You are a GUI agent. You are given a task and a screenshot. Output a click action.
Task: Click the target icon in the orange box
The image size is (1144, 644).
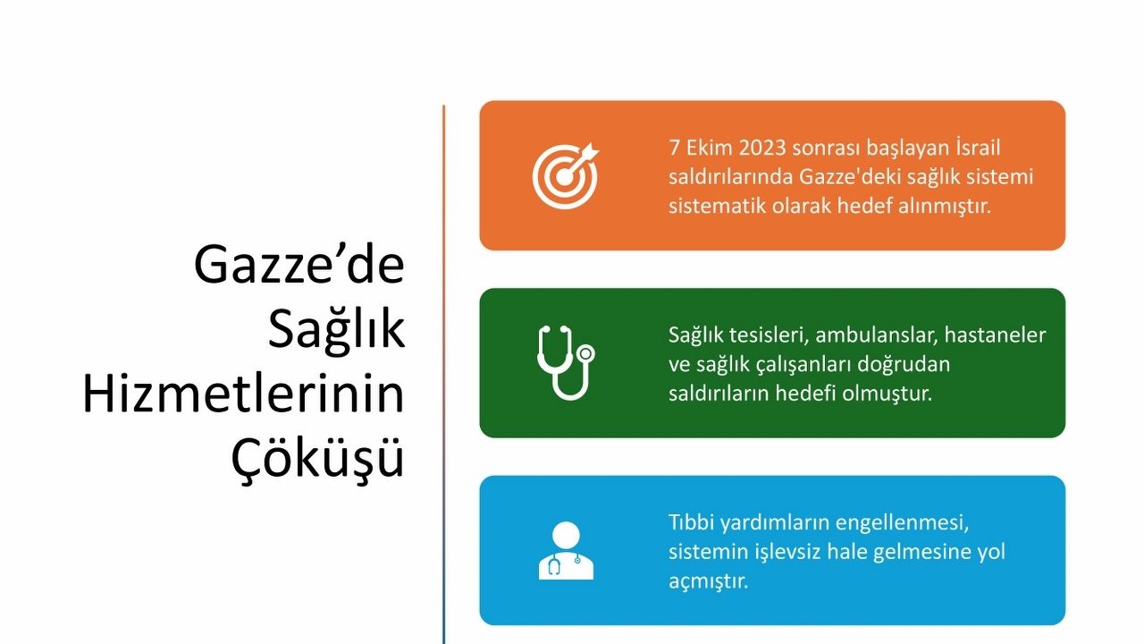click(x=565, y=176)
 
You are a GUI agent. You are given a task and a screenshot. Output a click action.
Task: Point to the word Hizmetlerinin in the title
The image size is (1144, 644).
click(x=243, y=394)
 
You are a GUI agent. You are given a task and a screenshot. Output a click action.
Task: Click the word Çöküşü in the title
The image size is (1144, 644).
click(x=317, y=456)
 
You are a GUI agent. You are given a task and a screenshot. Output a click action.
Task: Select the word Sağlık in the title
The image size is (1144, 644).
click(x=336, y=330)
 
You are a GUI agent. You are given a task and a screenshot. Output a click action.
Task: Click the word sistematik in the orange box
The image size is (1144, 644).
click(x=717, y=206)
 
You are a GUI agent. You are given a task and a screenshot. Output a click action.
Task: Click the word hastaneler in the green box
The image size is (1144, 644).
click(x=995, y=335)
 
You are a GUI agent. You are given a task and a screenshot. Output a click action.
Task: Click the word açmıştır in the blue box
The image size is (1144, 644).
click(x=708, y=581)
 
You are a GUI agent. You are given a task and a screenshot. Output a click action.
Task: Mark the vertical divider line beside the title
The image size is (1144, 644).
click(x=444, y=374)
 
